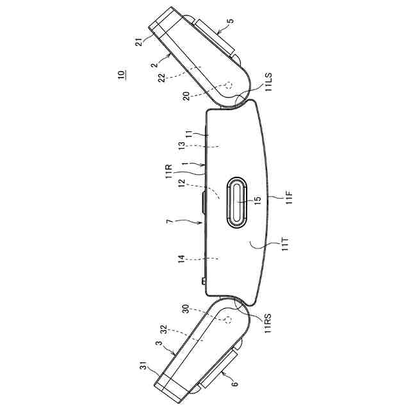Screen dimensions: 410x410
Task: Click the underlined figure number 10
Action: coord(121,75)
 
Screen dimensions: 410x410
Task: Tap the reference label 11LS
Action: coord(268,82)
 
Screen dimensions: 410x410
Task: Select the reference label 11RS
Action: coord(268,324)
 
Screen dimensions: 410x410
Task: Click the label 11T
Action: coord(285,244)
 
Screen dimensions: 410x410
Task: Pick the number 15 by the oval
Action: coord(258,200)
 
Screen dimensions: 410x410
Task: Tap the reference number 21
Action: coord(139,42)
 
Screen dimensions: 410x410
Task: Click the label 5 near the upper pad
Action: coord(231,21)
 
